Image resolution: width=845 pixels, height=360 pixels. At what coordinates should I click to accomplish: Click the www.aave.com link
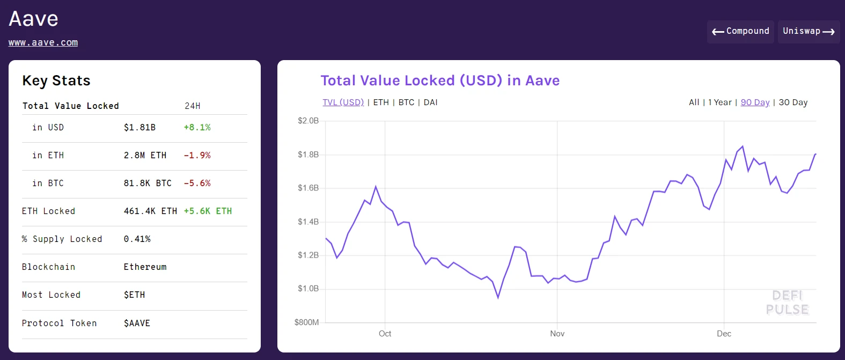(43, 42)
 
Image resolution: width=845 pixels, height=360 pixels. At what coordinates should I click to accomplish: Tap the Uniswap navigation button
(809, 32)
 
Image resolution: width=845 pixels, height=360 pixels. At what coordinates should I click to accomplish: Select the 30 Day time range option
(793, 102)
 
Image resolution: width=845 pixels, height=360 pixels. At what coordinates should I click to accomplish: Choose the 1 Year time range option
(719, 102)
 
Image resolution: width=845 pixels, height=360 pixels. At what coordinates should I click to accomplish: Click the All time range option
(694, 102)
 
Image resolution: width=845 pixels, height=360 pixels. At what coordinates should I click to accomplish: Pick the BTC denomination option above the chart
(406, 102)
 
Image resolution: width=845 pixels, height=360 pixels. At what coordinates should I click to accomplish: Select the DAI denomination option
(430, 102)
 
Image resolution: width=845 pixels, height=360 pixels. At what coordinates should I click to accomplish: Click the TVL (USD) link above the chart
(343, 102)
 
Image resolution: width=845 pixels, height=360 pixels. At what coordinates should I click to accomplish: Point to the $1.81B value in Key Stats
(139, 128)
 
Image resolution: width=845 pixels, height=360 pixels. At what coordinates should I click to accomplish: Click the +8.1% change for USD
(197, 128)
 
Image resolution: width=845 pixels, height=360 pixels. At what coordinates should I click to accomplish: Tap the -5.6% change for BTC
(197, 183)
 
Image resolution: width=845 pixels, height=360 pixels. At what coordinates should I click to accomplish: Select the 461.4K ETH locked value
(150, 211)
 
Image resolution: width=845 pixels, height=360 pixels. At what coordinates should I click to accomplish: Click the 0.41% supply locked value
(137, 239)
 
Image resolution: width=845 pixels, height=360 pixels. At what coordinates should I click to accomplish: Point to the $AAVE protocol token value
(137, 324)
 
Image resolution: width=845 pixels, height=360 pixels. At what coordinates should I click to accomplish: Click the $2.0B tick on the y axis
(308, 121)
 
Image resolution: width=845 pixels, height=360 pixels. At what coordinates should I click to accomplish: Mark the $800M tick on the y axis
(306, 322)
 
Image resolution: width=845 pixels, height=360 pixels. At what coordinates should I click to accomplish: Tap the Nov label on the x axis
(557, 334)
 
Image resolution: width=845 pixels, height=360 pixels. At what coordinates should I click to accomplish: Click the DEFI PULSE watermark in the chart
(787, 303)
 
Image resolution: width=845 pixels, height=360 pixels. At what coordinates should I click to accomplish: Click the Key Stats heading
(56, 81)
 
